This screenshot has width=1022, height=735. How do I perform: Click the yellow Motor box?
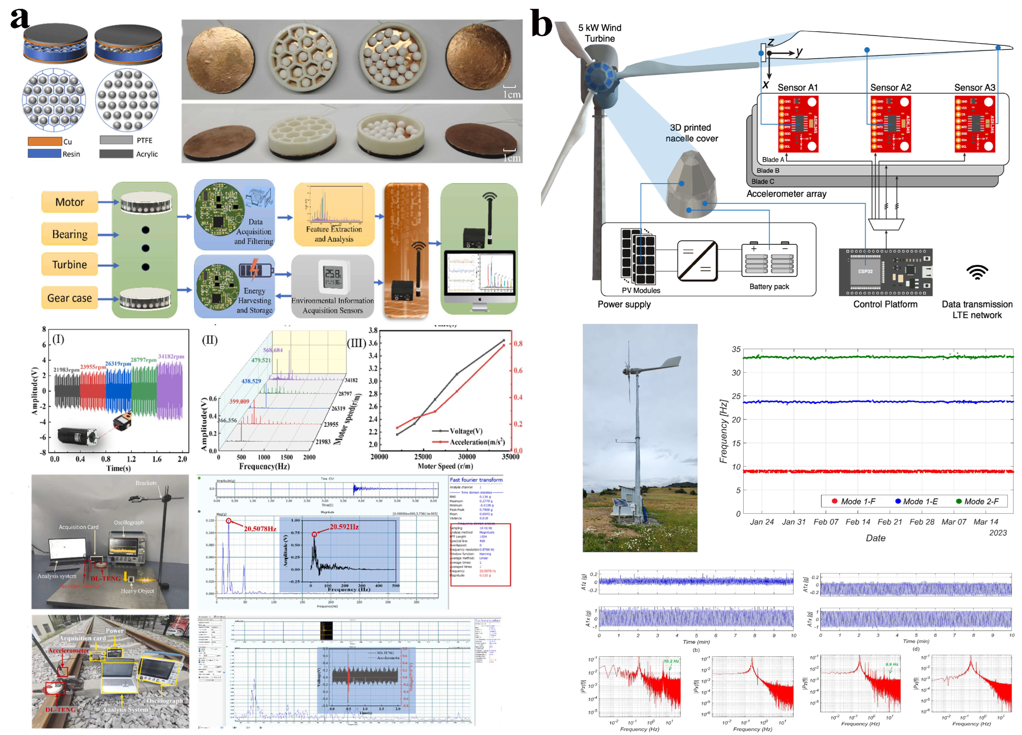pos(69,202)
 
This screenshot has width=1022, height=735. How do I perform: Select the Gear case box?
pos(69,298)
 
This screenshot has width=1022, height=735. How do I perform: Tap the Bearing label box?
pos(69,234)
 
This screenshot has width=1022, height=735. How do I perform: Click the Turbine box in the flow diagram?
pos(69,265)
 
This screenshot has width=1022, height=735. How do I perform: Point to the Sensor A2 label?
pos(890,88)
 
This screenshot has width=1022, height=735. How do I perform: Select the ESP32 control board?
pos(885,272)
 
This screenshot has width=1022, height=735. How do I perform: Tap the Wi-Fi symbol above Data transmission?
pos(977,272)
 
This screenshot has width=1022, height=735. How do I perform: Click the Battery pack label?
pos(769,287)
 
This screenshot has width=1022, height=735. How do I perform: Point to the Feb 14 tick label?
pos(857,522)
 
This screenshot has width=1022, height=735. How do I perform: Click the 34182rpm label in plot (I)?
pos(171,357)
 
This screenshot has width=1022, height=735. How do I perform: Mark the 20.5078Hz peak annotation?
pos(260,528)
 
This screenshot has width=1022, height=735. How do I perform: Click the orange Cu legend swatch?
pos(44,141)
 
